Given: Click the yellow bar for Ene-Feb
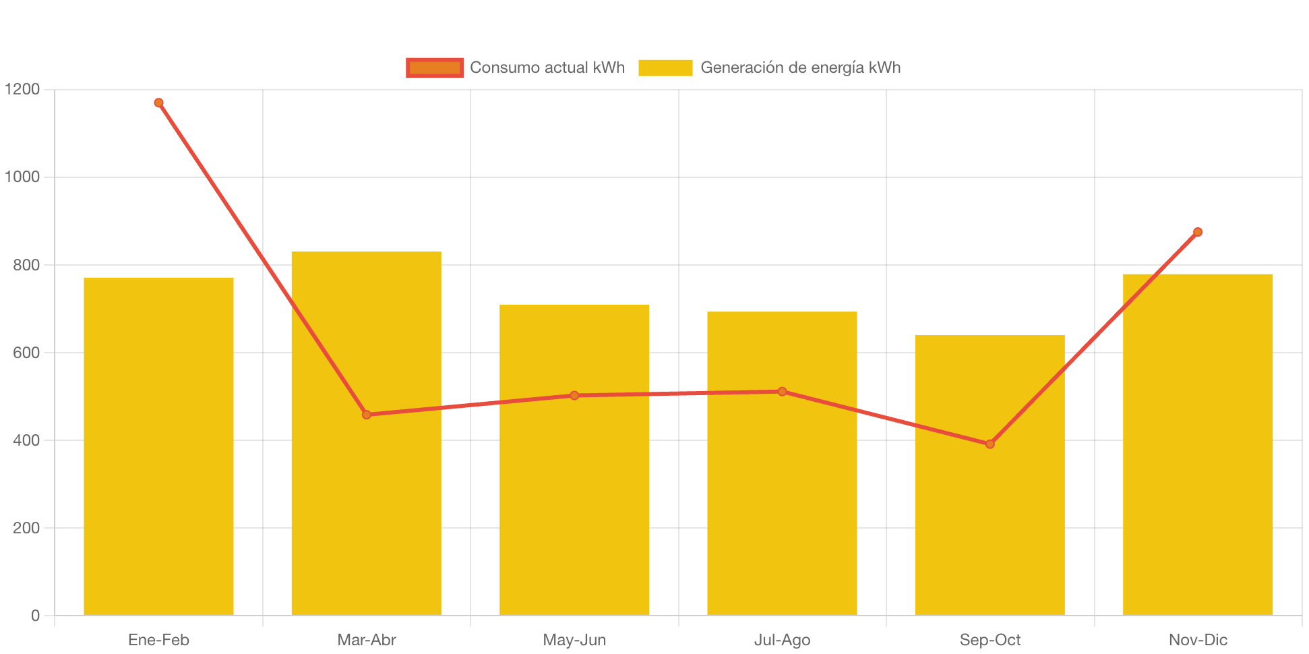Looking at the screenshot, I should point(158,445).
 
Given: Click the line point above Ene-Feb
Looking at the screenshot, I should point(158,103).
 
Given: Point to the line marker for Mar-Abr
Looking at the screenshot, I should point(366,415).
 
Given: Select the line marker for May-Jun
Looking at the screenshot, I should point(574,395).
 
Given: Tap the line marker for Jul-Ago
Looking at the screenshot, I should point(782,392).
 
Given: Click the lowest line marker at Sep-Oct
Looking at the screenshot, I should point(990,444).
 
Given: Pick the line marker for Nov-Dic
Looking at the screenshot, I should point(1198,232).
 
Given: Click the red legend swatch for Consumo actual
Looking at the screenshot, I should point(435,67).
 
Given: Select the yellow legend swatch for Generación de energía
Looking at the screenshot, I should point(665,67).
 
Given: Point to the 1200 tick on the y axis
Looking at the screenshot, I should point(22,89).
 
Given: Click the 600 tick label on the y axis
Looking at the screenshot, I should point(26,353).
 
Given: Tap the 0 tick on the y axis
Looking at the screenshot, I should point(35,616).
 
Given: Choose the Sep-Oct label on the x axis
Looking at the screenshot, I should point(990,640).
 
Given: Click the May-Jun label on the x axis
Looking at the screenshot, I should point(574,640).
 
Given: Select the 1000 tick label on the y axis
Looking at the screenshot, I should point(22,177).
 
